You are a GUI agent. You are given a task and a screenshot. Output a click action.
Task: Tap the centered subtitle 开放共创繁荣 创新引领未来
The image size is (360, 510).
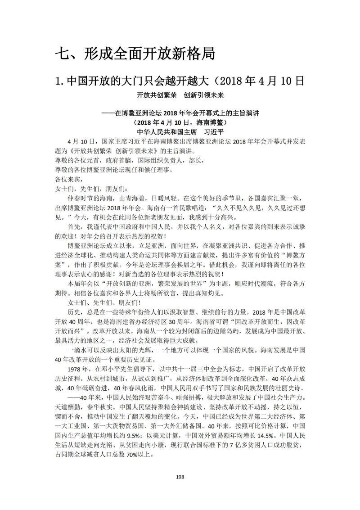point(180,95)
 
